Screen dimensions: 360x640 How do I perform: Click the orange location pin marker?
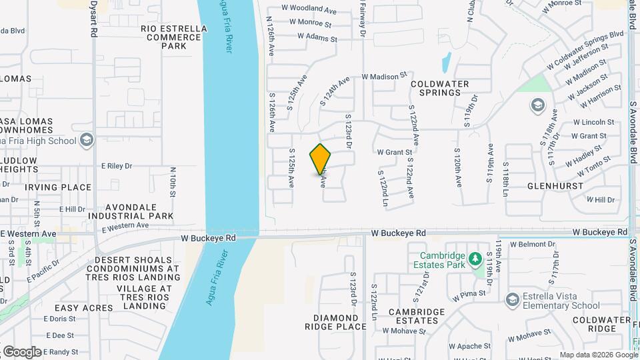[320, 159]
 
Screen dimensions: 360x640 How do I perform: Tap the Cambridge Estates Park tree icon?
[475, 257]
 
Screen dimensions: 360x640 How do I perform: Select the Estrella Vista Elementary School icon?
[512, 299]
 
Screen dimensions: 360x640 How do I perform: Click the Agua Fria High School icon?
[86, 140]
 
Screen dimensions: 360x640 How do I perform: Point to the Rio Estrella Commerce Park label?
[172, 37]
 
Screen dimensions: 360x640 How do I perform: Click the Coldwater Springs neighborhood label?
[440, 88]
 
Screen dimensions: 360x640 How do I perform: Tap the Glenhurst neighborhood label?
[551, 186]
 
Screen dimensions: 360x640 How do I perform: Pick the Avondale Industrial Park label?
[131, 211]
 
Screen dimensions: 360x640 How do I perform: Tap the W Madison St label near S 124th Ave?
[384, 77]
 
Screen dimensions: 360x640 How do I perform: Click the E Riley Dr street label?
[117, 165]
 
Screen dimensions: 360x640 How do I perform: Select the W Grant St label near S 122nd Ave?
[395, 152]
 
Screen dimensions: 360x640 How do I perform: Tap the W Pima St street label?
[469, 293]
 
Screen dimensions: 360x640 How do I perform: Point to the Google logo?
[22, 351]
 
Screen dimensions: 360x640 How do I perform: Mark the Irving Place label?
[58, 187]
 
